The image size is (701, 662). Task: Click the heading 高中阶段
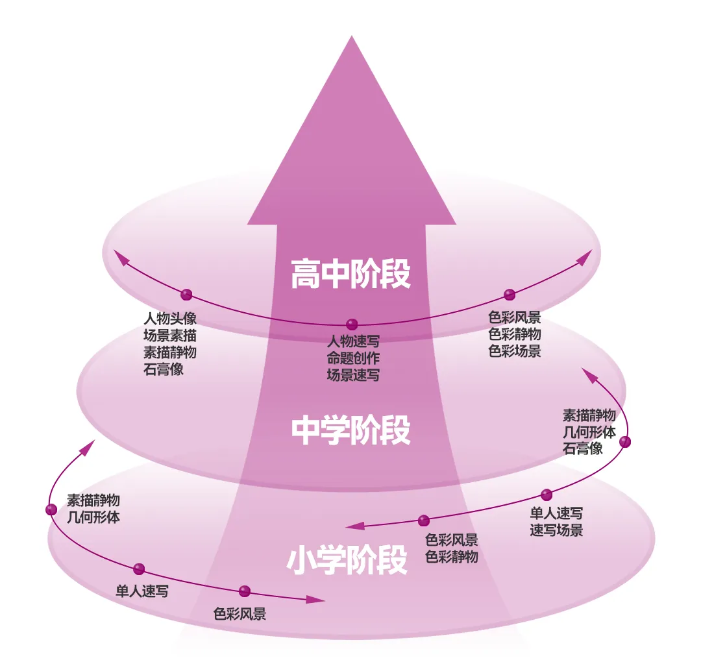coord(351,274)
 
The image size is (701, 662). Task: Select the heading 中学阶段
coord(351,430)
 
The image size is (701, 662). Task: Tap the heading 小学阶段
coord(347,560)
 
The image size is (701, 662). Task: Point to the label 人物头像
coord(170,319)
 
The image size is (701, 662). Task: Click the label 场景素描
coord(170,336)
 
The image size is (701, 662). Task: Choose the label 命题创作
coord(353,358)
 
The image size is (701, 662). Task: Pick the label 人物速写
coord(353,341)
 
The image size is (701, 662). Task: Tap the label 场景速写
coord(353,374)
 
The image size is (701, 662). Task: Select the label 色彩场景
coord(515,351)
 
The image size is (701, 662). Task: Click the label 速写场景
coord(556,530)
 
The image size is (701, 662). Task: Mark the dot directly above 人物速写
coord(352,324)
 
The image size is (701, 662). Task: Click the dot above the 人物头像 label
coord(187,295)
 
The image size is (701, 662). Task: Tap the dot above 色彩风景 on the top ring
coord(510,295)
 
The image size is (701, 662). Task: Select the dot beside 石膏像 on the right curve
coord(625,442)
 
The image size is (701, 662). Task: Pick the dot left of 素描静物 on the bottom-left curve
coord(51,509)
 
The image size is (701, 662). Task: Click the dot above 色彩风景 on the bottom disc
coord(245,591)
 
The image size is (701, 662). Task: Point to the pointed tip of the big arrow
coord(352,38)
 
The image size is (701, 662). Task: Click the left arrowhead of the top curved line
coord(119,254)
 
